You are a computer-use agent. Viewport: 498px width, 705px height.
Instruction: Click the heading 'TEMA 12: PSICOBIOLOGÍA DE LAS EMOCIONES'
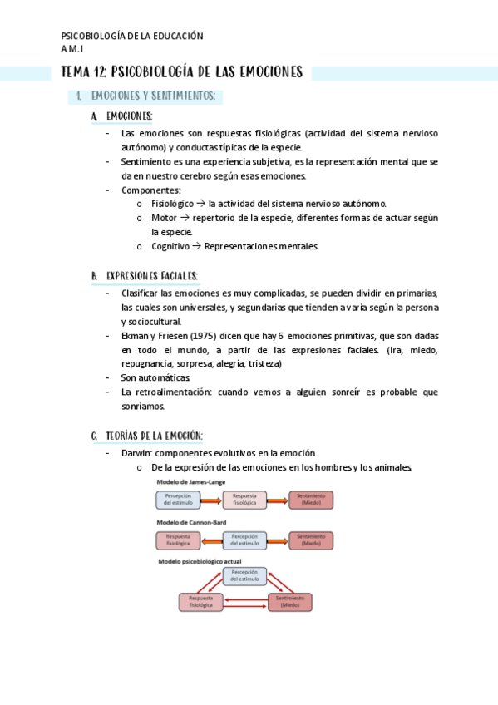(x=182, y=73)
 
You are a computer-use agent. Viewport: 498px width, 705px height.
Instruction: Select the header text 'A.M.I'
(x=73, y=49)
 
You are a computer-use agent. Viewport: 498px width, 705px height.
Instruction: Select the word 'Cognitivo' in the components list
(x=170, y=246)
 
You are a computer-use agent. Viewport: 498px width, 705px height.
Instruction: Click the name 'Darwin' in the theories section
(x=136, y=453)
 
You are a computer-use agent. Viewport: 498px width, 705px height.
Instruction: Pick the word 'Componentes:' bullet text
(x=150, y=190)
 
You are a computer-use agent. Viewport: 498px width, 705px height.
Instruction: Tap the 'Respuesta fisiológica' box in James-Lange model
(x=244, y=500)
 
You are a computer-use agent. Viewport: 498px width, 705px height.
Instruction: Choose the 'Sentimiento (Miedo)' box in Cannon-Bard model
(x=311, y=540)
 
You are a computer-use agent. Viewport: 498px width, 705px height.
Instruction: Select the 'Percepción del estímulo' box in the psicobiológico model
(x=244, y=576)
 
